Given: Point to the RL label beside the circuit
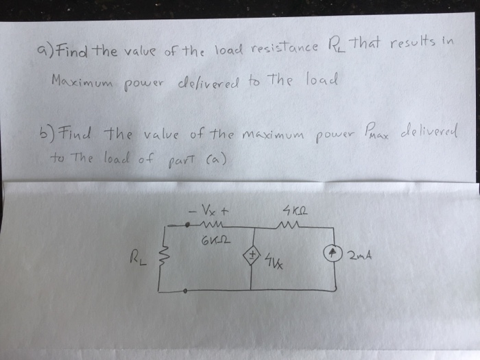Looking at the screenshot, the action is coord(135,258).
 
